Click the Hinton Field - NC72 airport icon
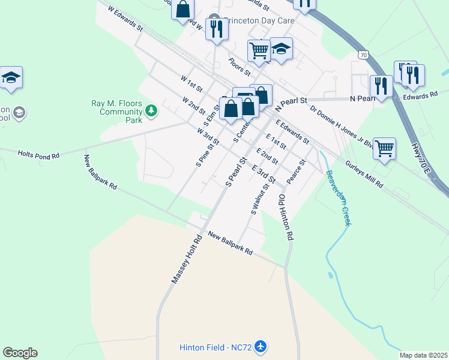click(x=260, y=347)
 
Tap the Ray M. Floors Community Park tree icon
click(x=151, y=110)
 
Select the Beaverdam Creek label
click(x=338, y=198)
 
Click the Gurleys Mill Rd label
click(x=364, y=175)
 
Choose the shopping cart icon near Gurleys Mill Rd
click(x=384, y=148)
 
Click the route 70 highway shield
click(x=363, y=55)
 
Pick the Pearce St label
click(x=296, y=172)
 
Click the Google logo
click(x=20, y=353)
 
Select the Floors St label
click(x=239, y=67)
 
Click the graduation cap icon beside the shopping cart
click(x=281, y=49)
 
